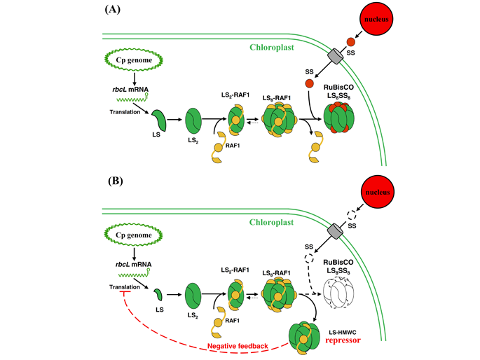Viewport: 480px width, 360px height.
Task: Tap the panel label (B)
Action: (x=114, y=180)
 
